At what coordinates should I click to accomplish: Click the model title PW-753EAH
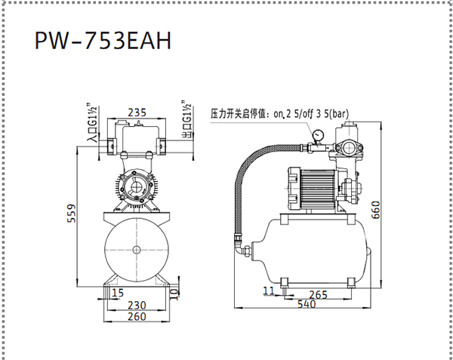pos(103,41)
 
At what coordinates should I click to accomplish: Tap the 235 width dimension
pos(137,112)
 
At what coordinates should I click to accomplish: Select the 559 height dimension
pos(71,214)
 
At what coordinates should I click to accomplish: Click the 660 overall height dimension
pos(375,210)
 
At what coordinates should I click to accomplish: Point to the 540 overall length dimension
pos(307,304)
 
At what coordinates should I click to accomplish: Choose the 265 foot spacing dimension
pos(318,295)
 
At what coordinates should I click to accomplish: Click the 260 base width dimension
pos(137,316)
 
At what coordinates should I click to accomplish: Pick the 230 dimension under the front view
pos(137,305)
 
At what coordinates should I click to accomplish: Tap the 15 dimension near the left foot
pos(118,293)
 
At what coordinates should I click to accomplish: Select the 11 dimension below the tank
pos(269,291)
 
